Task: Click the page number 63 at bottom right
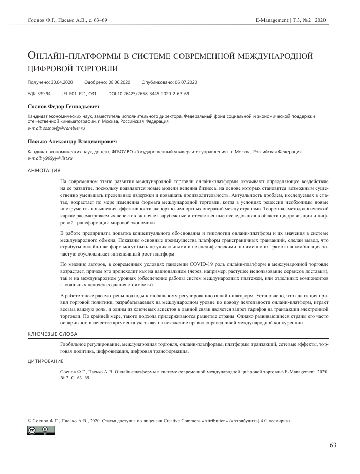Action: click(333, 445)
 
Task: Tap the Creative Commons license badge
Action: click(41, 430)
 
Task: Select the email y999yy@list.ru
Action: click(51, 158)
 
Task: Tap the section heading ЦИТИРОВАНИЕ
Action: click(45, 361)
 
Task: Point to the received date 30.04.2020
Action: click(62, 82)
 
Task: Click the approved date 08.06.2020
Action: click(119, 82)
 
